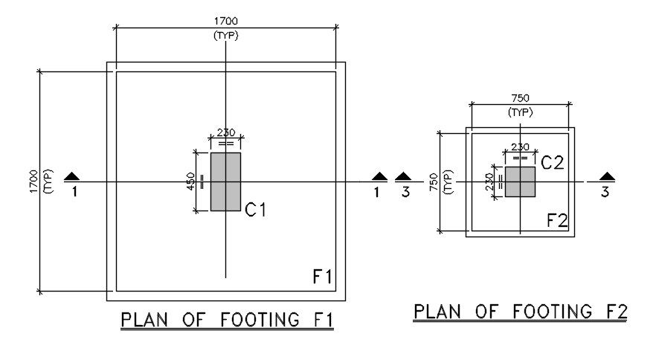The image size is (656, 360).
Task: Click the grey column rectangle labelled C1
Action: point(225,181)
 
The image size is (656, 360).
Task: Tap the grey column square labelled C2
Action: point(520,181)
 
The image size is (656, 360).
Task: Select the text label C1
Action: point(256,210)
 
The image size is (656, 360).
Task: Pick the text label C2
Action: point(552,162)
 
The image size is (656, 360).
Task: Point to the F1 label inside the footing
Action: point(321,277)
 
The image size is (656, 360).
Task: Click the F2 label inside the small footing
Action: point(557,220)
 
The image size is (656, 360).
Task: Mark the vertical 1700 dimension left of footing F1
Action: point(32,182)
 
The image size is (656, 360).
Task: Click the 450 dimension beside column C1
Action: point(191,181)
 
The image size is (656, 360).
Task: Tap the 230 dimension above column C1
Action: point(226,133)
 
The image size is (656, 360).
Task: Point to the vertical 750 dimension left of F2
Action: point(434,181)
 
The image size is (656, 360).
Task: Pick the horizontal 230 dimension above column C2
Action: point(520,147)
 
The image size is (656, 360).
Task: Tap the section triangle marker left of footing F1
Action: point(72,177)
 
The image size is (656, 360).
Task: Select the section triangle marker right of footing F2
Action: point(608,177)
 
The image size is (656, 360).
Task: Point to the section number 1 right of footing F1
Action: point(377,192)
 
